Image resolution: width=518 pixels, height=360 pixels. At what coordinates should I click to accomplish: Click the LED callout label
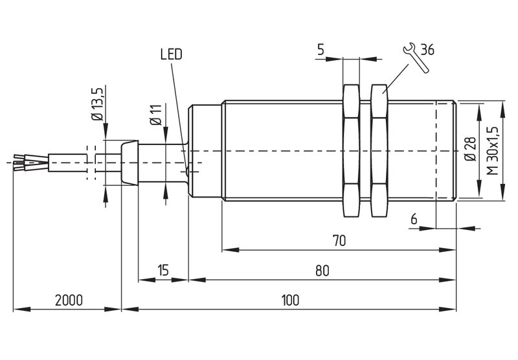tap(171, 54)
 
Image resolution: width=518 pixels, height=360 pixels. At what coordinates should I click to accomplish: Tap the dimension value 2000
tap(69, 300)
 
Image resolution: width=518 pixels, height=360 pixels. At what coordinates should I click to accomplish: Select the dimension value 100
tap(290, 300)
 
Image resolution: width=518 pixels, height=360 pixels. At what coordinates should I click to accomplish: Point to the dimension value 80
tap(322, 271)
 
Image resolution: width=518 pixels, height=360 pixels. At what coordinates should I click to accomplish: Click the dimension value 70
tap(339, 241)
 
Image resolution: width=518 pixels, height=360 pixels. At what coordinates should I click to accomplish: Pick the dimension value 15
tap(163, 270)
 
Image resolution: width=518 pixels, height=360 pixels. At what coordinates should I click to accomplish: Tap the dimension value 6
tap(414, 219)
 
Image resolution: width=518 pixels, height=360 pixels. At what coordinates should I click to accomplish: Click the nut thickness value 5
tap(321, 50)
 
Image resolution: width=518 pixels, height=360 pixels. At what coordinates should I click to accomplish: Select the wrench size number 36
tap(427, 50)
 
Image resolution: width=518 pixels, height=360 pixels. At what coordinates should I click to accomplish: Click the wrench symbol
tap(416, 58)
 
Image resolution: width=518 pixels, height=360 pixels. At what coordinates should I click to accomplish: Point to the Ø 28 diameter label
tap(471, 149)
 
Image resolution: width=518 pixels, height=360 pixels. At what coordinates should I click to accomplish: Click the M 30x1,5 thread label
tap(493, 150)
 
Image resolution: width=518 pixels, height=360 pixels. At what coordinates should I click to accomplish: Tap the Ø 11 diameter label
tap(155, 115)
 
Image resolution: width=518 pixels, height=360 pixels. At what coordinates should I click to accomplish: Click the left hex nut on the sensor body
tap(351, 151)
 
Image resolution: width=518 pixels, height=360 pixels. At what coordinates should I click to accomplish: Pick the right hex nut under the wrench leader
tap(379, 151)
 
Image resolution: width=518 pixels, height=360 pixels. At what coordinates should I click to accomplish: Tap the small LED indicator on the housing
tap(187, 172)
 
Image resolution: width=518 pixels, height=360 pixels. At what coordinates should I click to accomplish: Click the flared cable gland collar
tap(130, 162)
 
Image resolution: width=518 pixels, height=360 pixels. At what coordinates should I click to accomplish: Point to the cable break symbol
tap(91, 163)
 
